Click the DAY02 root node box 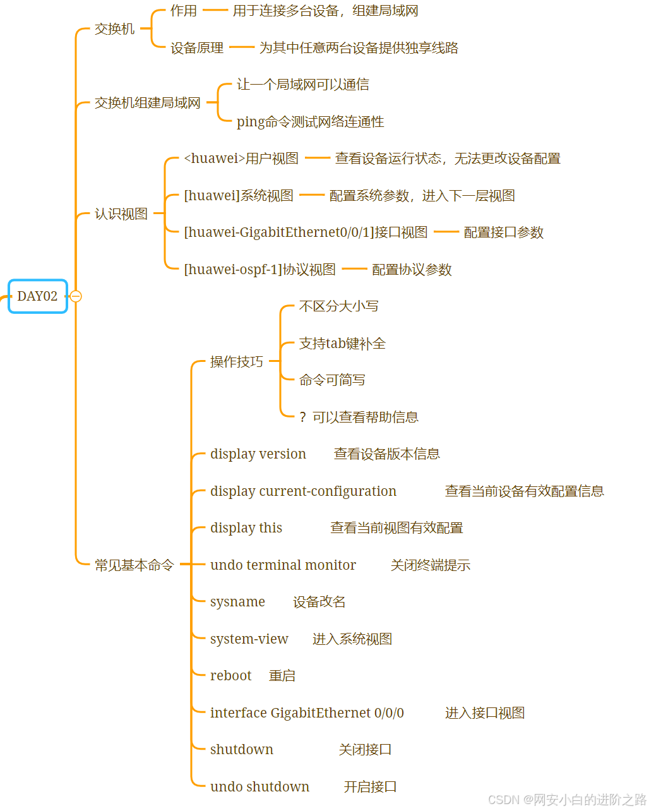37,296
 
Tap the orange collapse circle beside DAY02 76,296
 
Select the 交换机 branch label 114,29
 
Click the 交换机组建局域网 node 147,103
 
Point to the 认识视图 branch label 121,214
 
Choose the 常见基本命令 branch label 134,565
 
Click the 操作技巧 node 236,361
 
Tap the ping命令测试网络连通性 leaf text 310,121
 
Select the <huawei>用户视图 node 241,159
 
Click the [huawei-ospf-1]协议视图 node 259,270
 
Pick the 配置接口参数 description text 503,232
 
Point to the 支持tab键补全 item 342,343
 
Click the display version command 258,454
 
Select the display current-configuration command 303,491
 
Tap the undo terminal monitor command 283,565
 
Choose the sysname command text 237,602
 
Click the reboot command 230,676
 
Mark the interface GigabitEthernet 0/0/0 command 307,713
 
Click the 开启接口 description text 370,787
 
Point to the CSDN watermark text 566,800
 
